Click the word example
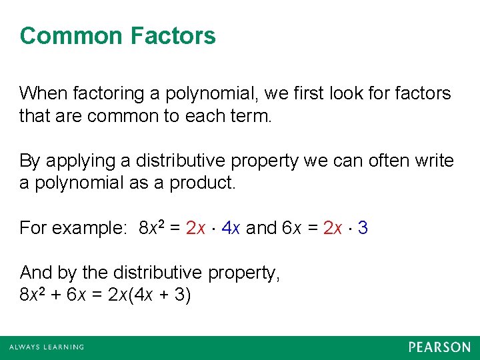point(90,229)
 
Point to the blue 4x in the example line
point(231,229)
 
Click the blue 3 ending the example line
point(363,229)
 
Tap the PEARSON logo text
point(439,347)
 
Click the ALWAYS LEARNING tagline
point(47,347)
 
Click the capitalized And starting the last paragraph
point(35,273)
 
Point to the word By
point(29,161)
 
